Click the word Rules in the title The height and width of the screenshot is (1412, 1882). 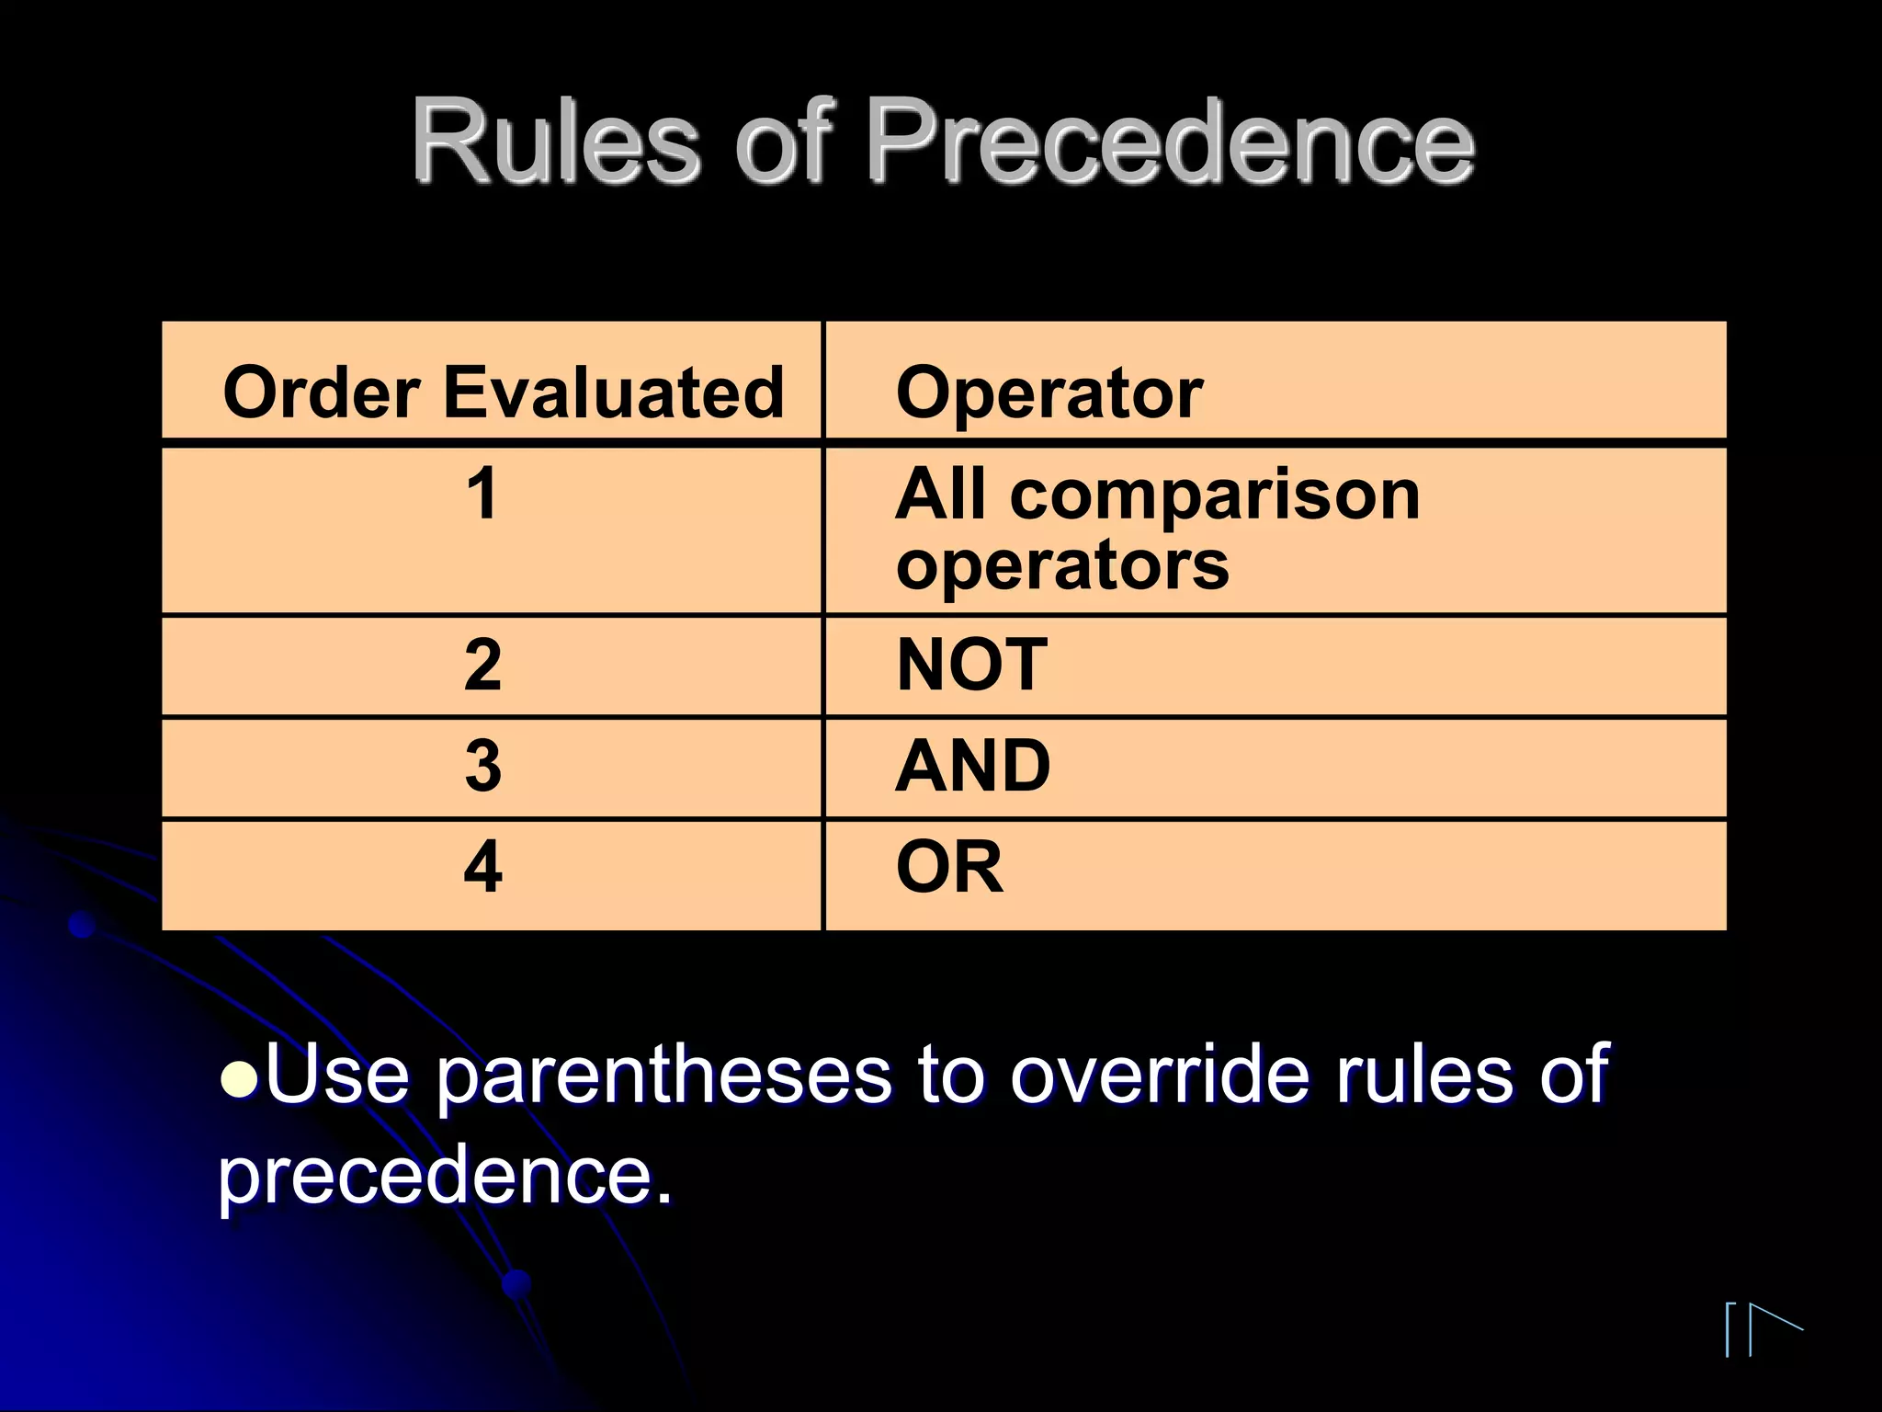pos(554,142)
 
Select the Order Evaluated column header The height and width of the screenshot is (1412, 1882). pos(503,393)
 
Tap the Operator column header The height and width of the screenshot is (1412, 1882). pos(1049,393)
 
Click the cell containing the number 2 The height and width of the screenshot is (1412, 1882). pos(483,665)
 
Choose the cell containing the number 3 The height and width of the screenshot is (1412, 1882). pos(483,766)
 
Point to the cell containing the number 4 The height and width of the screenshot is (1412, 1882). pos(483,867)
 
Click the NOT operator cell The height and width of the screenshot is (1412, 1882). pos(971,665)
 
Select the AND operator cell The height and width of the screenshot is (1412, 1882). pos(973,766)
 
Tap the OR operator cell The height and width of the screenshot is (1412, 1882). pos(949,867)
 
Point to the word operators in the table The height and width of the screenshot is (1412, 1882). pos(1062,564)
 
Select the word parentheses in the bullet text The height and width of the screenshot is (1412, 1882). pos(663,1076)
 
